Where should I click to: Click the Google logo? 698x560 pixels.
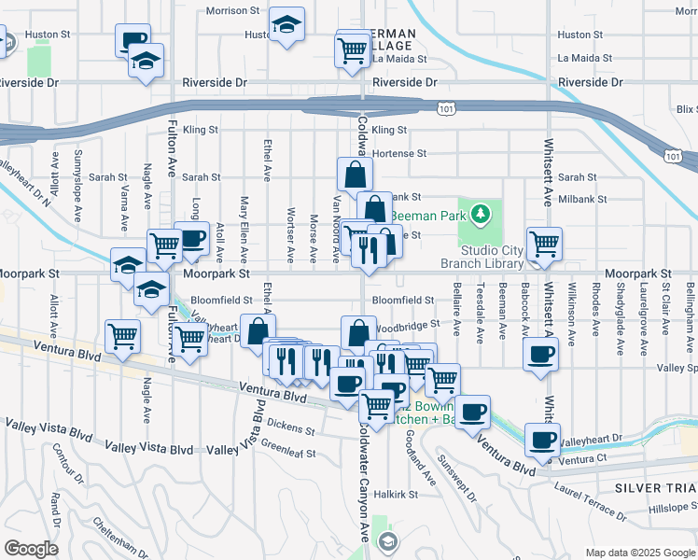tap(31, 549)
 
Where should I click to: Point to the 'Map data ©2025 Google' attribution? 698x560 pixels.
tap(640, 553)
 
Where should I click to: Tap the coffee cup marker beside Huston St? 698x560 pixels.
tap(133, 41)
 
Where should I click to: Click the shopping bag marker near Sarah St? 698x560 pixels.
tap(355, 174)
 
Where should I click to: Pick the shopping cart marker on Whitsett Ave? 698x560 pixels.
tap(544, 245)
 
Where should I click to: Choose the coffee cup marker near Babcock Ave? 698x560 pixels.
tap(541, 355)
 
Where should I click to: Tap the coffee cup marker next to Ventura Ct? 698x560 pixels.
tap(541, 440)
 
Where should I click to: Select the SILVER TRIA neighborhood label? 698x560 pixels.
tap(655, 488)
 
